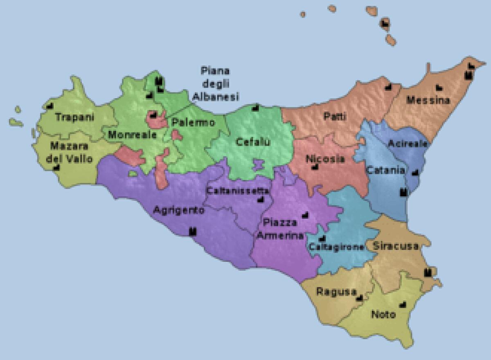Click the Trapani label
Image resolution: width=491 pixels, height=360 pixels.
pos(75,117)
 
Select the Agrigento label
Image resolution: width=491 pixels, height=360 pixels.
pos(178,210)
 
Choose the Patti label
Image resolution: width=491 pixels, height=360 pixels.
pos(335,117)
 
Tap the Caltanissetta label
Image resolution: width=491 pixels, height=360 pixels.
pos(238,191)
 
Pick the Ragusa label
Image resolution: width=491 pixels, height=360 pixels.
pos(334,291)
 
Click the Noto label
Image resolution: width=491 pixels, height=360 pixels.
pos(383,314)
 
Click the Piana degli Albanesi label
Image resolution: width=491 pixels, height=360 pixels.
pos(215,84)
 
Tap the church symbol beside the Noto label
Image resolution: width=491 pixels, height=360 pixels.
pos(403,304)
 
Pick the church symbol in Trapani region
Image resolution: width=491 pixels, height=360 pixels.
pos(50,106)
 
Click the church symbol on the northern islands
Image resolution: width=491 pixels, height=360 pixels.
pos(385,23)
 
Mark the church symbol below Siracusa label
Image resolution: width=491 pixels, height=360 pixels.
pos(429,272)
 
